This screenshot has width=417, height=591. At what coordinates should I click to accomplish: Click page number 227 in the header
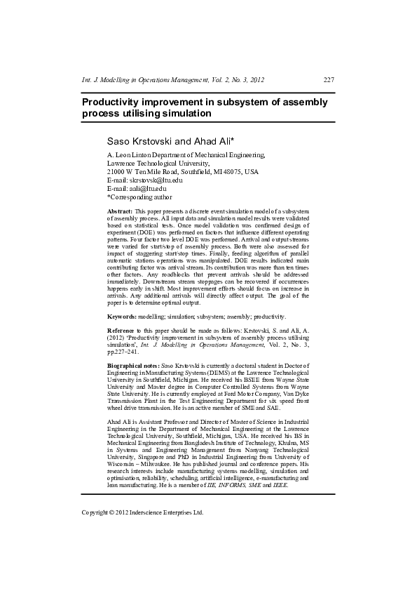point(328,80)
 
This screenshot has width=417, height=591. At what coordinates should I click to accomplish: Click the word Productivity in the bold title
point(116,102)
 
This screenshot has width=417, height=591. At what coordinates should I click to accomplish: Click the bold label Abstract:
point(119,211)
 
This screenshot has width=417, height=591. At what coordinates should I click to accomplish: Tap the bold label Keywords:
point(121,318)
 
